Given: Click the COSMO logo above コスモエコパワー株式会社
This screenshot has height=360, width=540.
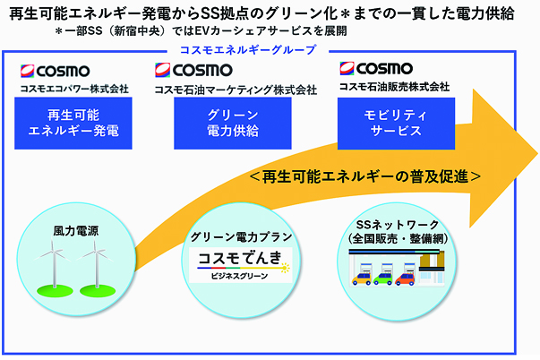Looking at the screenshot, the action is click(56, 71).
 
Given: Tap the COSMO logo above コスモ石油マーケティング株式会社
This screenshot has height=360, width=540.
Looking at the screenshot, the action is click(193, 70).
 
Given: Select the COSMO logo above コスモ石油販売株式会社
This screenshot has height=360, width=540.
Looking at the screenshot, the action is click(376, 68).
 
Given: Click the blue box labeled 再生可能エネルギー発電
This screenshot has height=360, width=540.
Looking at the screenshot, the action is click(73, 123).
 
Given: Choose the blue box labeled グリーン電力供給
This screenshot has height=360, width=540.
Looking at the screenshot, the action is click(233, 123).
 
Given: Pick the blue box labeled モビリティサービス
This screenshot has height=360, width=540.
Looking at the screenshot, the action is click(396, 124).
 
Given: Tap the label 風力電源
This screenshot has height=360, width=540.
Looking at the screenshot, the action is click(76, 231).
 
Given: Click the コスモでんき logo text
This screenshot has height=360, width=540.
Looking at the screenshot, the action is click(240, 258).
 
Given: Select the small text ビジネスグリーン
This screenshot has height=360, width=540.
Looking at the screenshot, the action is click(240, 276).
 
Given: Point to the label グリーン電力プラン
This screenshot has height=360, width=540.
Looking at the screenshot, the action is click(241, 237).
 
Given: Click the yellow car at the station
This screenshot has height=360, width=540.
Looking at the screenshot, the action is click(361, 279).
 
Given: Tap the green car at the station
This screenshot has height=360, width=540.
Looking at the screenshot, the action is click(383, 279).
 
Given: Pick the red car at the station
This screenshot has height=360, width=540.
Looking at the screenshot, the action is click(405, 279).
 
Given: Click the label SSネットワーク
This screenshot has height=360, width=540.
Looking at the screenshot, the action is click(397, 225).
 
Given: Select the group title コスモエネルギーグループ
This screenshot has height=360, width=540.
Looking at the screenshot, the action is click(248, 50).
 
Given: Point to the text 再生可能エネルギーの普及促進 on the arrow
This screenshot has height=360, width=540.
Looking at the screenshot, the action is click(365, 176).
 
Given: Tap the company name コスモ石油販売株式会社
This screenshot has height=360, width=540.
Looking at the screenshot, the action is click(394, 87).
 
